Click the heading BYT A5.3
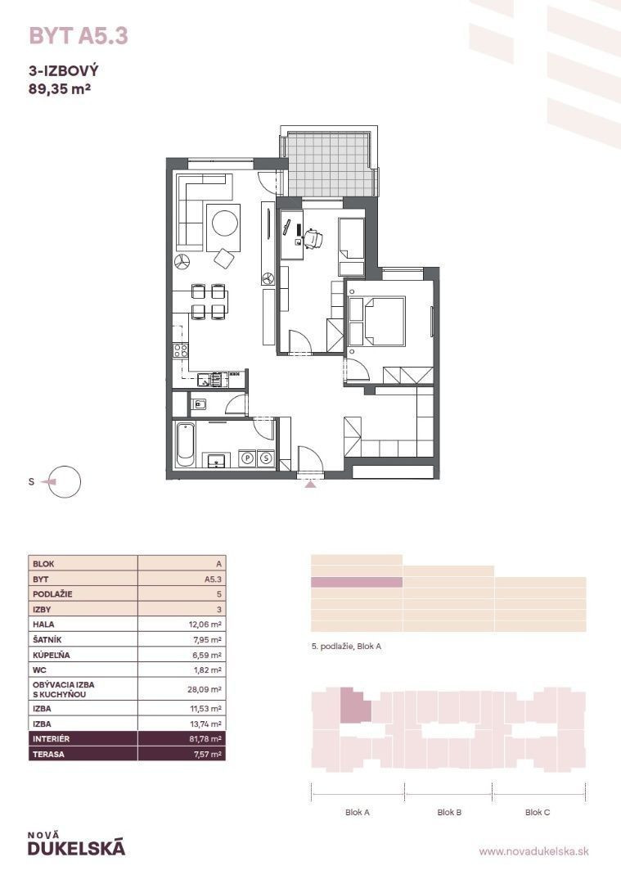click(79, 36)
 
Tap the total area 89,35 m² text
click(61, 88)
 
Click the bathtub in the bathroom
click(185, 445)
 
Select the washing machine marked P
click(247, 458)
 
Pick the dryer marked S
click(267, 458)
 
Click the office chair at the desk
click(313, 238)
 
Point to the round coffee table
click(223, 223)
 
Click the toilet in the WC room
click(198, 404)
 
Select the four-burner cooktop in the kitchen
click(180, 350)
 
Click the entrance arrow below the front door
click(310, 484)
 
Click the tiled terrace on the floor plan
click(329, 164)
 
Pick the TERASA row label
click(48, 755)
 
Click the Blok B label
click(449, 813)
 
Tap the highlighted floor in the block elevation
click(357, 583)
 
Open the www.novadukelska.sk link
click(533, 851)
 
